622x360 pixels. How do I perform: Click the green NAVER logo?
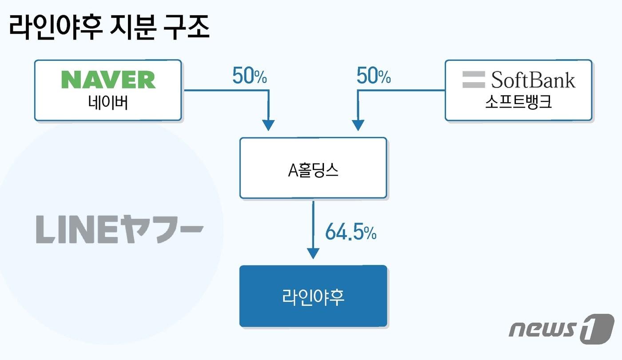pos(108,80)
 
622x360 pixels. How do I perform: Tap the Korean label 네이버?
pos(108,103)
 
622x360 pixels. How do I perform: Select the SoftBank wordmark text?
pos(533,80)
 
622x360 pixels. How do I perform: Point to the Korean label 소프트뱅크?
pos(518,103)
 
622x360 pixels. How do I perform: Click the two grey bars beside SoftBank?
pos(474,80)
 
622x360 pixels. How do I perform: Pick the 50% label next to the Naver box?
pos(250,76)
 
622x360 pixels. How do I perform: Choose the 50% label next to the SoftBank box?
pos(374,76)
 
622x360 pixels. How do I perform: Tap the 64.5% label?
pos(351,232)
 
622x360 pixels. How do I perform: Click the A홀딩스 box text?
pos(313,170)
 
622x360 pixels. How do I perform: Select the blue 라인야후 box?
pos(313,296)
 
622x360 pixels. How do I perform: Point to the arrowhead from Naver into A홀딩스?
pos(268,125)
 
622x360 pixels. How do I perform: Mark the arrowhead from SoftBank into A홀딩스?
pos(358,125)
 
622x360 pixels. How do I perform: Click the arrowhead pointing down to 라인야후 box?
pos(313,253)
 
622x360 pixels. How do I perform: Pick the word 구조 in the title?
pos(186,28)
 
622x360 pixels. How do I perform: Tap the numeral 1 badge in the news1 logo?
pos(597,328)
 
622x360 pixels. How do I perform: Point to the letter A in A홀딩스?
pos(293,171)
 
